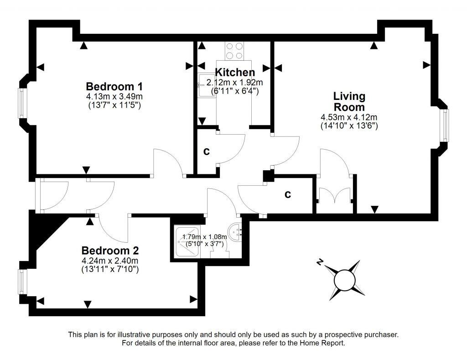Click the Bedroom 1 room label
coord(114,86)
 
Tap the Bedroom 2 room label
coord(110,250)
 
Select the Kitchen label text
coord(235,73)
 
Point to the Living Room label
coord(349,102)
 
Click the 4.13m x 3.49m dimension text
coord(114,96)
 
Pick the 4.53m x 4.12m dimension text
coord(349,117)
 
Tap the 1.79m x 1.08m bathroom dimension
coord(204,237)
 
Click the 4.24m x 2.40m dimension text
coord(110,261)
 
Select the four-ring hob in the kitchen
coord(234,51)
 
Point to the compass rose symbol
coord(344,280)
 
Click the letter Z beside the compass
coord(321,262)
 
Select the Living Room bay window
coord(445,125)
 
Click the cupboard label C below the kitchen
coord(206,151)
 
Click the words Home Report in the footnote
coord(324,343)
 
